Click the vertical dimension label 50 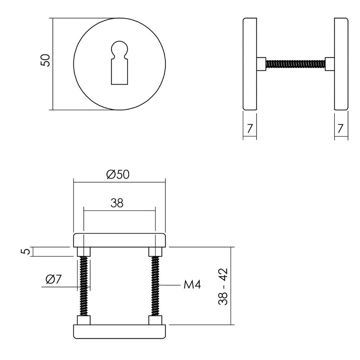(46, 60)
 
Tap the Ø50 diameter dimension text (118, 175)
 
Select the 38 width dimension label (117, 203)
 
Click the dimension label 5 (24, 251)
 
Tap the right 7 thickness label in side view (341, 127)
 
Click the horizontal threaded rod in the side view (295, 64)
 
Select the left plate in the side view (249, 64)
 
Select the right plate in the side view (341, 64)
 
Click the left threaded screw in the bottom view (84, 286)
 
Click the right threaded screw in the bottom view (156, 286)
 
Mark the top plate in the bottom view (119, 240)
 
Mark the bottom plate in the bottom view (119, 331)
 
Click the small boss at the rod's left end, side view (261, 64)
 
